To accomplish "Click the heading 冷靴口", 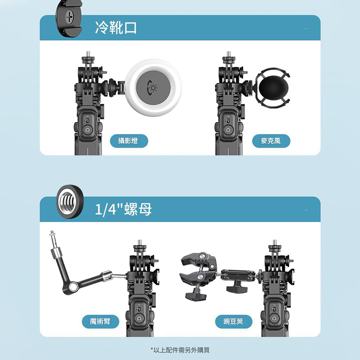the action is click(x=116, y=28).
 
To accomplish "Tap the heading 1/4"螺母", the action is click(x=123, y=209).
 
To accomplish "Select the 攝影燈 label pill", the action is click(x=129, y=141).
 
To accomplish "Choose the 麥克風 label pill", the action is click(x=271, y=141).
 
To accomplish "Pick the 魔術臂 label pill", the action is click(x=100, y=321).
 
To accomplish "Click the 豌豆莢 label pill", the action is click(x=234, y=321).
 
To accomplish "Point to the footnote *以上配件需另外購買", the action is click(x=180, y=350).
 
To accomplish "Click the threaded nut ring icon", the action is click(x=70, y=202).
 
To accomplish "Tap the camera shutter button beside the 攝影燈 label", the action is click(x=87, y=130).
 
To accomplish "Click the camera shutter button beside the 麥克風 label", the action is click(x=228, y=130).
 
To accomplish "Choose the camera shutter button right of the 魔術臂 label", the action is click(x=139, y=319).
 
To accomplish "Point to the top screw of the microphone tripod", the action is click(x=229, y=54).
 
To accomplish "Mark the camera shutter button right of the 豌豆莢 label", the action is click(x=274, y=319).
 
